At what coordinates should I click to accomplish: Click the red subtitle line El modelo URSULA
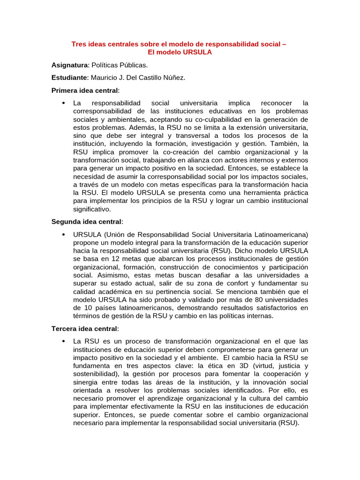[180, 52]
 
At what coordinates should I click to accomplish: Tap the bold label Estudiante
[69, 77]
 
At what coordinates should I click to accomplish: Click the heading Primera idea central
[85, 90]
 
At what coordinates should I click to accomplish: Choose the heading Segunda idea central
[86, 221]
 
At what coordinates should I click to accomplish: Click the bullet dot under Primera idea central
[63, 103]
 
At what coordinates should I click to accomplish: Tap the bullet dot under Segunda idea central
[63, 234]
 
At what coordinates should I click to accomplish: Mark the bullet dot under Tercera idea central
[63, 341]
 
